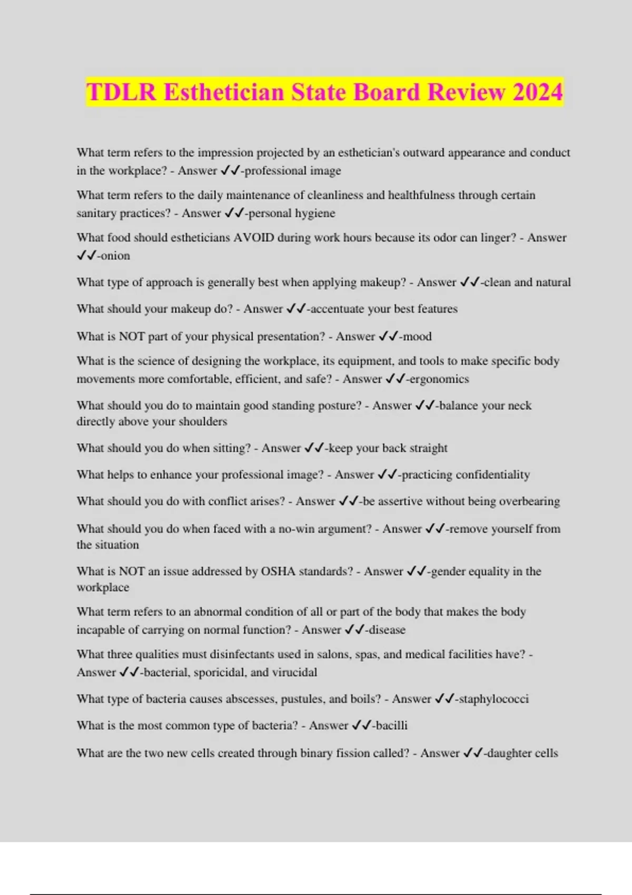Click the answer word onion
115,256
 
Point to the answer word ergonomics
439,379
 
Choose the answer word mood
417,336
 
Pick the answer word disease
387,630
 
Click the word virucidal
294,672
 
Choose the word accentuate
337,309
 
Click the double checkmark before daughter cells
473,753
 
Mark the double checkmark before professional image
230,171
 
